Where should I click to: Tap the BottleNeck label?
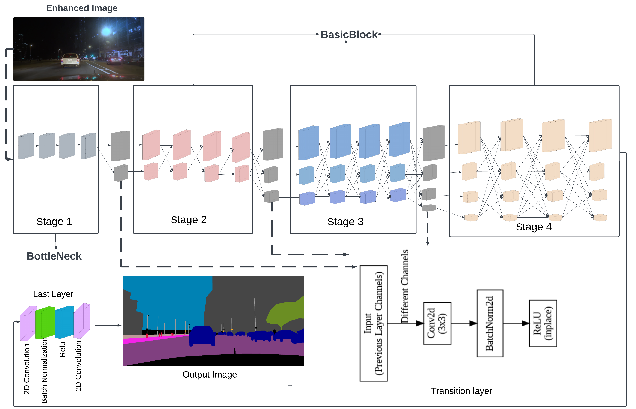[54, 256]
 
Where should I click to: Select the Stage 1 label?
[54, 221]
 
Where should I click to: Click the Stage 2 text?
[189, 220]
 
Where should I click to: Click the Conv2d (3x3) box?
[437, 323]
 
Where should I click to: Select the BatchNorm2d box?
[490, 323]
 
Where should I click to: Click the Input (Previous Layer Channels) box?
[373, 323]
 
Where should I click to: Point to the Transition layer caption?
[461, 391]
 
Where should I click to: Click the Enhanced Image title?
[82, 8]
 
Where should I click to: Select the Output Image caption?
[210, 374]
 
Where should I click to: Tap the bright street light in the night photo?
[106, 32]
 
